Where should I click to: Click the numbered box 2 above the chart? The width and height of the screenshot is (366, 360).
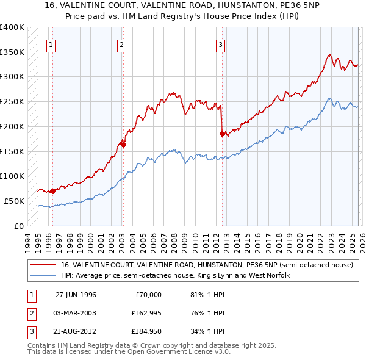(122, 44)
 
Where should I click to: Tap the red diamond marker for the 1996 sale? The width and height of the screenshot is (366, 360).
(52, 191)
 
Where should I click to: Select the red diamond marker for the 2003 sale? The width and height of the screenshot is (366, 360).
(123, 145)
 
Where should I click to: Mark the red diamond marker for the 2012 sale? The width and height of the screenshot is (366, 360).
(222, 132)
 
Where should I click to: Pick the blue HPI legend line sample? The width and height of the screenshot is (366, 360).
(43, 276)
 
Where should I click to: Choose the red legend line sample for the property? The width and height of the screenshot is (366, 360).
(43, 265)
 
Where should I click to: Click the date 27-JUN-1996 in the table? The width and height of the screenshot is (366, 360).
(76, 295)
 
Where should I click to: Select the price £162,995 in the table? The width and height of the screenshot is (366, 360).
(144, 313)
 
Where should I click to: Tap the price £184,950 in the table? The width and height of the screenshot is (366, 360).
(144, 331)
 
